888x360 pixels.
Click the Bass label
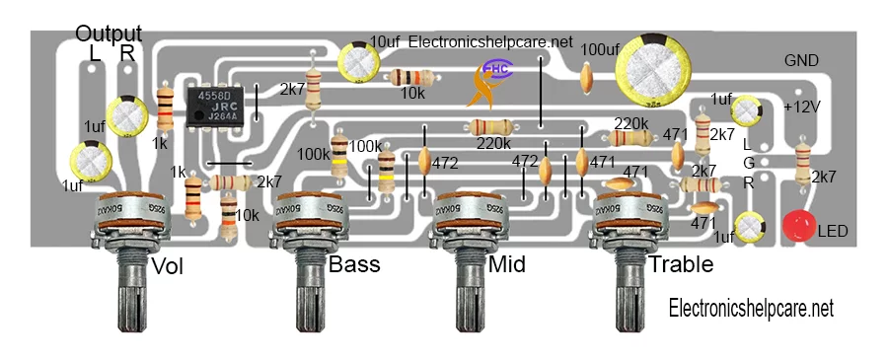tap(353, 264)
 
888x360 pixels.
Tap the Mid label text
tap(506, 265)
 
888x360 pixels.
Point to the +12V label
tap(801, 107)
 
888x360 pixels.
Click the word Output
tap(109, 34)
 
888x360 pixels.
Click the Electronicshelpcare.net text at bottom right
tap(751, 309)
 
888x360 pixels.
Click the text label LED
tap(833, 231)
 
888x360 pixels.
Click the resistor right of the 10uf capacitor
tap(410, 77)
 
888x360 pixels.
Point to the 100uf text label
tap(601, 48)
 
